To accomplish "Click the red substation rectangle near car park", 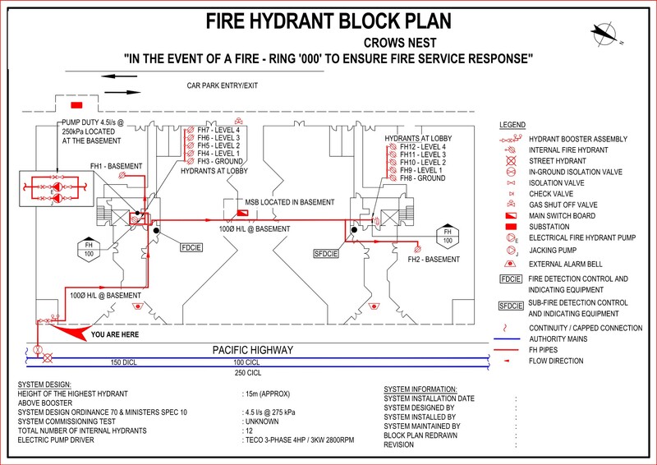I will (76, 105).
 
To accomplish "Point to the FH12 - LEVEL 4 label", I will (422, 147).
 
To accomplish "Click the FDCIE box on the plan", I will (191, 246).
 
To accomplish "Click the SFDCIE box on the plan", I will (326, 254).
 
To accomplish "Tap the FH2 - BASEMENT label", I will (434, 260).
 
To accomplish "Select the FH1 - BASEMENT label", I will (116, 166).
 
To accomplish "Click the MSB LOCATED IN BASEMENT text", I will (289, 202).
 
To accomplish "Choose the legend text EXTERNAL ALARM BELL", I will (567, 265).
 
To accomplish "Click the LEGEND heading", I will (512, 125).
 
